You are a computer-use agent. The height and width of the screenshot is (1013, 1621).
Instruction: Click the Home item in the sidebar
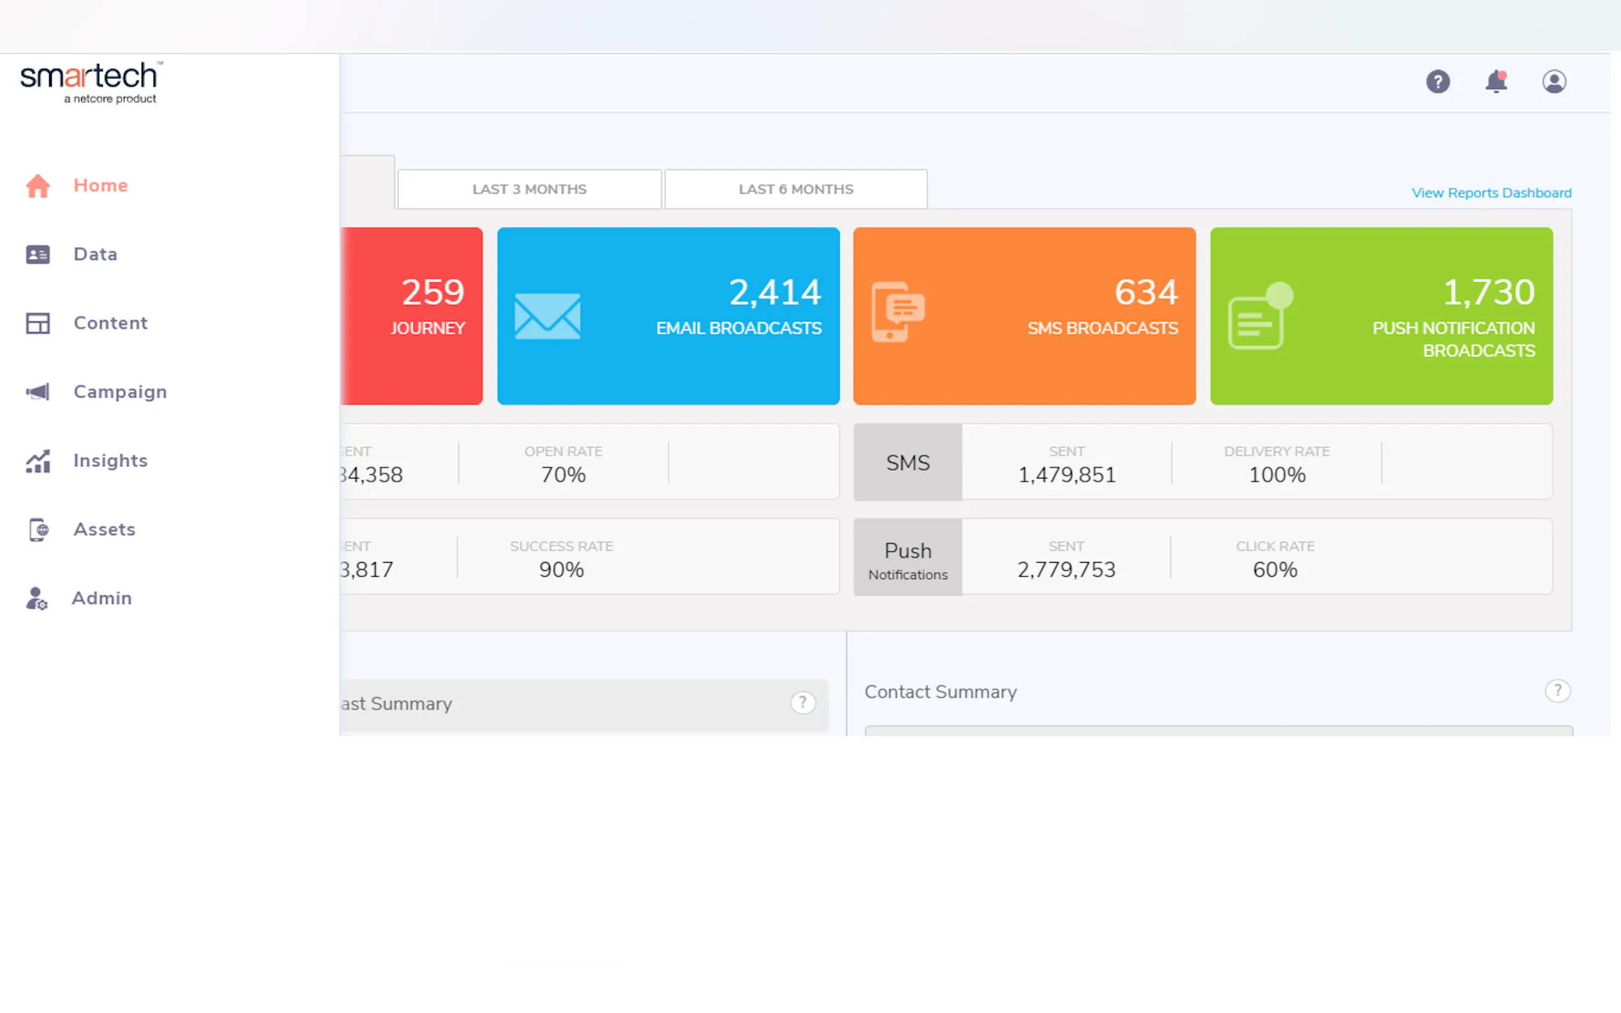(x=100, y=186)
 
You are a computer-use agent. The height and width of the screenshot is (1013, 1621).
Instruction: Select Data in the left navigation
(x=95, y=255)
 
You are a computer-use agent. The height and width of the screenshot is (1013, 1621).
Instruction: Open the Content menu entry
(x=110, y=323)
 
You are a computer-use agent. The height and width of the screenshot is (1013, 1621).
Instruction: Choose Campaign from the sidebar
(x=120, y=392)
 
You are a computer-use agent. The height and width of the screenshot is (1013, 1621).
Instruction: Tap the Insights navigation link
(x=110, y=461)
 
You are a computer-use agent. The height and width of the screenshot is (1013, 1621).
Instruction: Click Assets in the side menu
(x=104, y=530)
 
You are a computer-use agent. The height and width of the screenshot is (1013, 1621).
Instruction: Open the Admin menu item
(x=101, y=598)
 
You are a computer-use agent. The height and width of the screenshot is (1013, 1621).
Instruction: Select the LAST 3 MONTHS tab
(x=530, y=189)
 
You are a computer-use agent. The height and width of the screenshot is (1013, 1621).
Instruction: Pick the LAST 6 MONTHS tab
(x=795, y=189)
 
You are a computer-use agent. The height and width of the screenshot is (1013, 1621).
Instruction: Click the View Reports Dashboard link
(x=1491, y=193)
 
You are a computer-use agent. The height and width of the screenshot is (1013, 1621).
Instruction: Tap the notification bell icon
(x=1496, y=82)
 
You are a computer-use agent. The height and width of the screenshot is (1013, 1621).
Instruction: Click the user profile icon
(x=1554, y=82)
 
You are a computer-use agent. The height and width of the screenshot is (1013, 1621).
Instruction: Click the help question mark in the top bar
(x=1437, y=82)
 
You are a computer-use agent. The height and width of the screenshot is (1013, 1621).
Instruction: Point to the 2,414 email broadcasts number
(x=775, y=292)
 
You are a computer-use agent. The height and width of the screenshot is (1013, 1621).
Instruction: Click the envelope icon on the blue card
(x=548, y=316)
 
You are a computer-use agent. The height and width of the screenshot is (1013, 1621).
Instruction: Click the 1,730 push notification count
(x=1488, y=292)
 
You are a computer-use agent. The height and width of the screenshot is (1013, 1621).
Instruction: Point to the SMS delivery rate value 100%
(x=1276, y=475)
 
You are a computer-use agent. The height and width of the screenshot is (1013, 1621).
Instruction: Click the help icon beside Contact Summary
(x=1557, y=691)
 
